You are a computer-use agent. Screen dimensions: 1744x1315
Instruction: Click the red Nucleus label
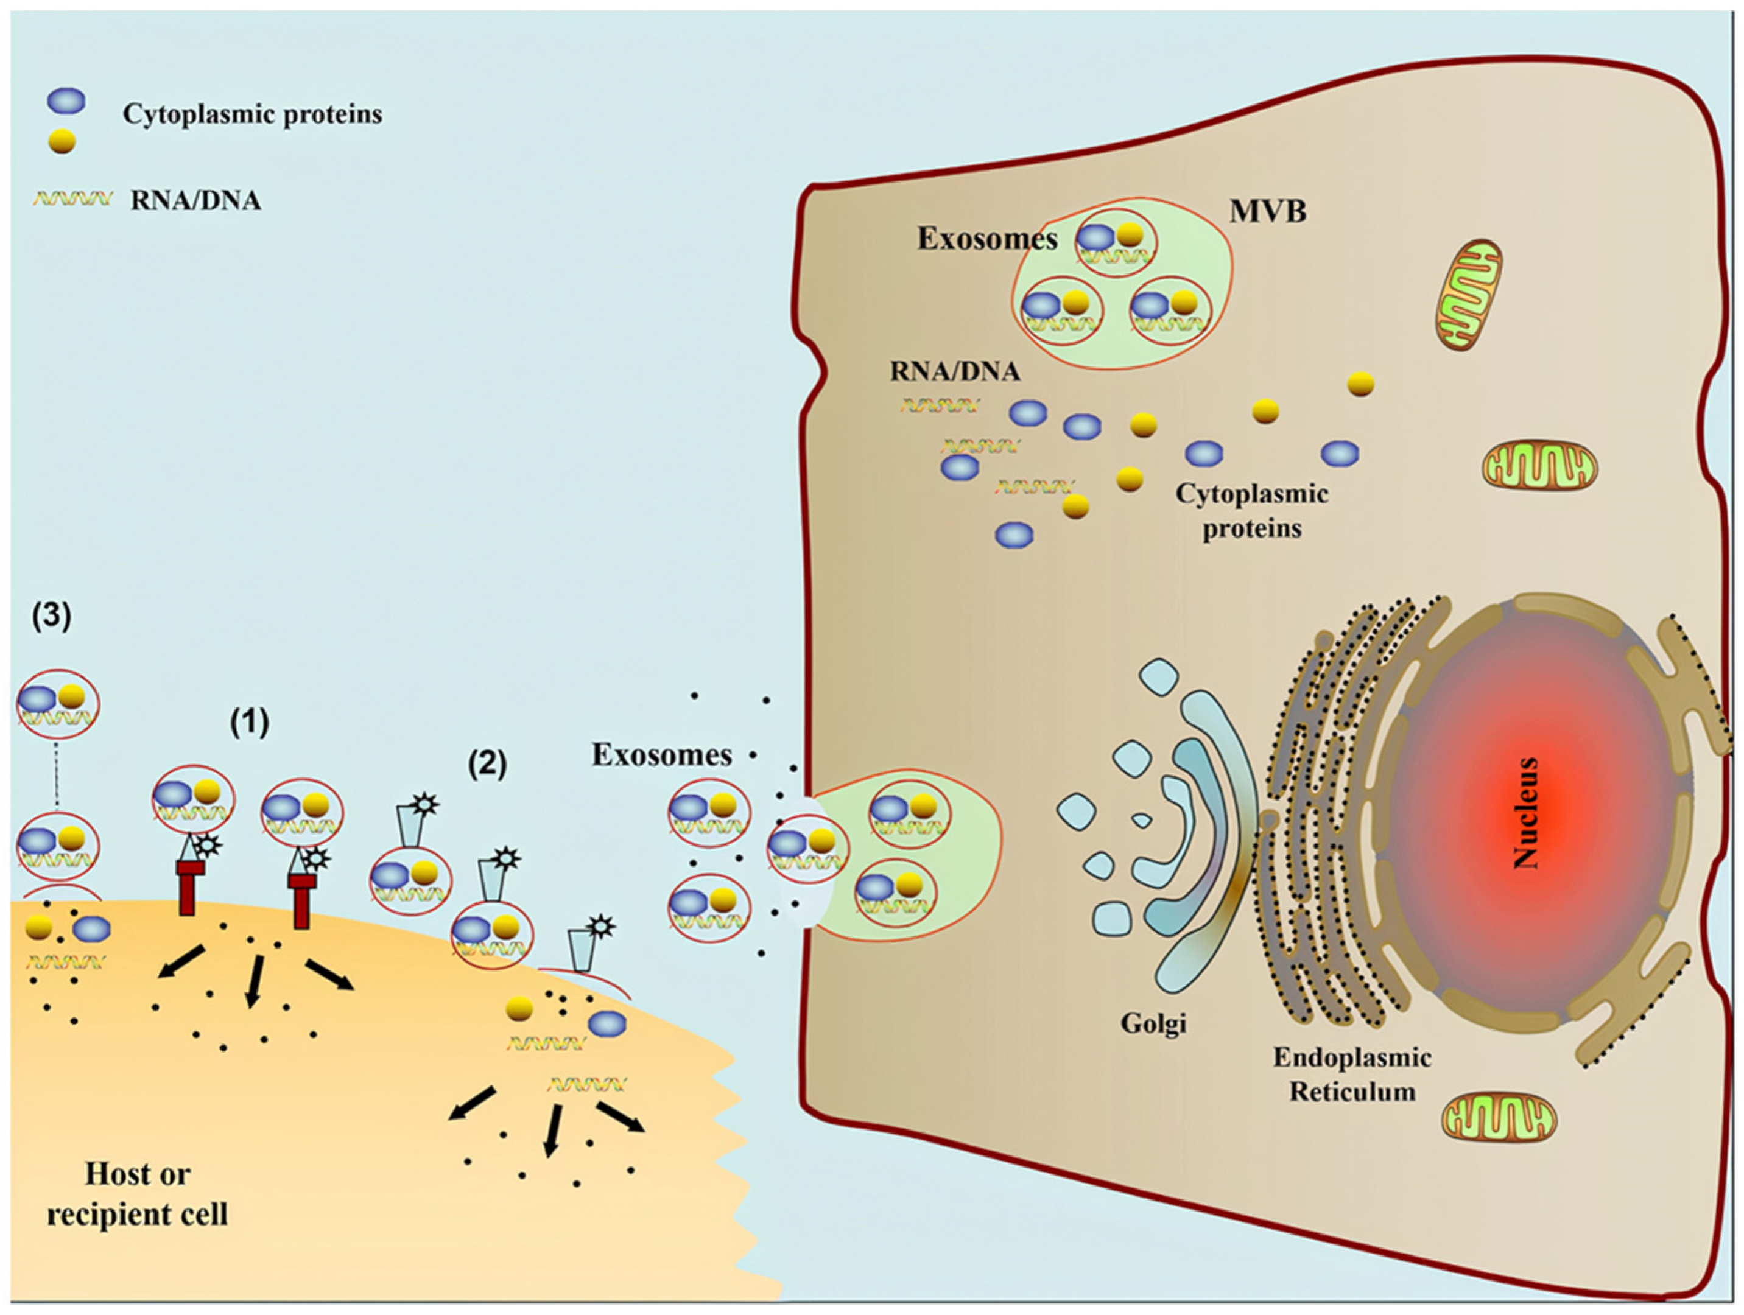tap(1525, 813)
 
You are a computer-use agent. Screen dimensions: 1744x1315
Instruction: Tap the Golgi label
tap(1153, 1023)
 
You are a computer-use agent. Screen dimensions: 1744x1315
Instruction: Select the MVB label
tap(1268, 211)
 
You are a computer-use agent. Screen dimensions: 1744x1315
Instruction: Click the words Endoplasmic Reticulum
tap(1352, 1074)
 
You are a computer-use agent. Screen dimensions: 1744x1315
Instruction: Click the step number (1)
tap(249, 721)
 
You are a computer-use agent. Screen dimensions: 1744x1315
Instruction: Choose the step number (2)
tap(487, 763)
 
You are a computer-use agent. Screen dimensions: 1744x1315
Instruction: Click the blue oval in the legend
tap(66, 101)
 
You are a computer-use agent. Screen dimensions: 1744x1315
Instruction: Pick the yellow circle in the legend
tap(62, 141)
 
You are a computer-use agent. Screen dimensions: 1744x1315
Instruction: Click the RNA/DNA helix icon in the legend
tap(72, 198)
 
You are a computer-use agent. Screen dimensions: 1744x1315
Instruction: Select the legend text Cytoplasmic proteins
tap(252, 114)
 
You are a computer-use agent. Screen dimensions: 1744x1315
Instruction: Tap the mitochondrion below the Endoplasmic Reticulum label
tap(1499, 1118)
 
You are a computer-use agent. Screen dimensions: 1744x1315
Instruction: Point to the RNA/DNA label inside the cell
tap(955, 371)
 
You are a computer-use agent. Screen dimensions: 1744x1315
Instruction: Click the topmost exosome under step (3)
tap(58, 704)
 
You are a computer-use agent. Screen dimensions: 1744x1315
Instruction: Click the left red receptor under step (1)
tap(187, 885)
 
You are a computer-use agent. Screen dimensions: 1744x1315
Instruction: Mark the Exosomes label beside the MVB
tap(987, 238)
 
